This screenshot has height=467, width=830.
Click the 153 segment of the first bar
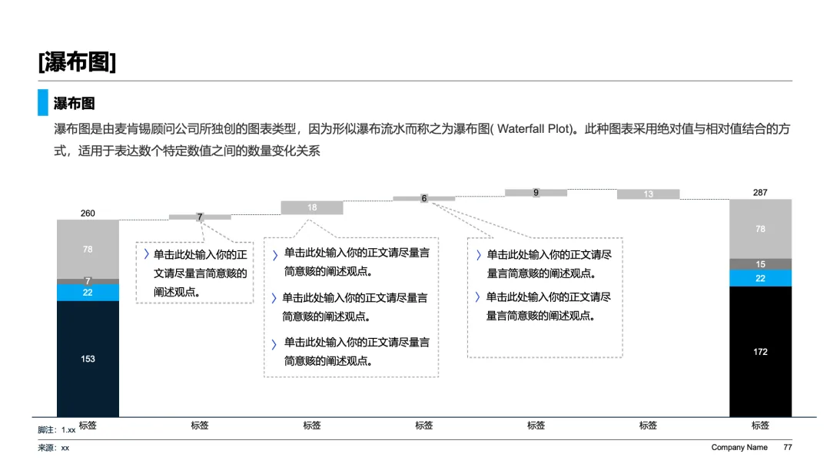[88, 359]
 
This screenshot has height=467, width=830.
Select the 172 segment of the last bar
[760, 352]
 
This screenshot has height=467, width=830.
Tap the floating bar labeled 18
[312, 207]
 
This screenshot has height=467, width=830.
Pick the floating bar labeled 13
[648, 194]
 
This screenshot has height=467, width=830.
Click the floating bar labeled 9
[536, 193]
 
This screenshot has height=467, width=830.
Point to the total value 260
[88, 213]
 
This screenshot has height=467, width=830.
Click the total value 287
[760, 193]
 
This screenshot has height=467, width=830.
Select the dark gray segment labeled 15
[760, 264]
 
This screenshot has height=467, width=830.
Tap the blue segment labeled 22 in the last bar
[760, 278]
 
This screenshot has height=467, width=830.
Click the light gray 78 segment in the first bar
[88, 249]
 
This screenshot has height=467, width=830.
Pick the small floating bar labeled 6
[424, 198]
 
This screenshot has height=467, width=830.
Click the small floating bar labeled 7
[200, 217]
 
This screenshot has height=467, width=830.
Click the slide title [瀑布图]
[78, 62]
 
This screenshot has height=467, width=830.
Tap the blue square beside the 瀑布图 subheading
[43, 103]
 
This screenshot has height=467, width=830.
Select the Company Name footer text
[739, 448]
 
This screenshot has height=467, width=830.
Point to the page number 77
[788, 448]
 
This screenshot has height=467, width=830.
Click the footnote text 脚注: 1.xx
[57, 430]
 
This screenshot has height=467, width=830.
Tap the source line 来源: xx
[54, 448]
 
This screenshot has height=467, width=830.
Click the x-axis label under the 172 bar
[760, 426]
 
